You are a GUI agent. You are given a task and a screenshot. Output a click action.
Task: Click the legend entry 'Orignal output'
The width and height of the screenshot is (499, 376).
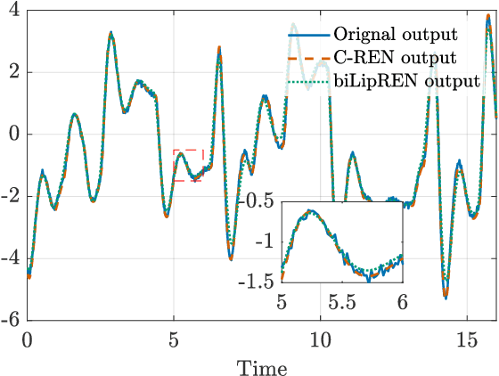pos(395,36)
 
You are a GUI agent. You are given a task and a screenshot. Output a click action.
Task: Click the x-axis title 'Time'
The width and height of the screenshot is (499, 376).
pos(261,365)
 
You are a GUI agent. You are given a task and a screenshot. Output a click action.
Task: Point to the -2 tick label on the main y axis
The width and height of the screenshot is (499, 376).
pos(11,196)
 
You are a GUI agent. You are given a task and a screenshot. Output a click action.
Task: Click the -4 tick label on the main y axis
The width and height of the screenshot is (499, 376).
pos(11,258)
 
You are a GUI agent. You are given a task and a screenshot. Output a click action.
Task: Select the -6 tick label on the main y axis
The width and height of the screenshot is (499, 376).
pos(11,320)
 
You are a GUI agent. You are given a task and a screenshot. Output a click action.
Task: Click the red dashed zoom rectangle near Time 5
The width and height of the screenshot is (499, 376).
pos(188,165)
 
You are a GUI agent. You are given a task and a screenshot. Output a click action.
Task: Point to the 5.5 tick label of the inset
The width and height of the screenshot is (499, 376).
pos(341,302)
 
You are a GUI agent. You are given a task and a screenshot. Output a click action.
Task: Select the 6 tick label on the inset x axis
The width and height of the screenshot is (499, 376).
pos(402,302)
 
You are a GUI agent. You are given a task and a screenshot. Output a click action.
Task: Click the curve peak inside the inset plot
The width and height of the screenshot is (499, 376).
pos(311,212)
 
